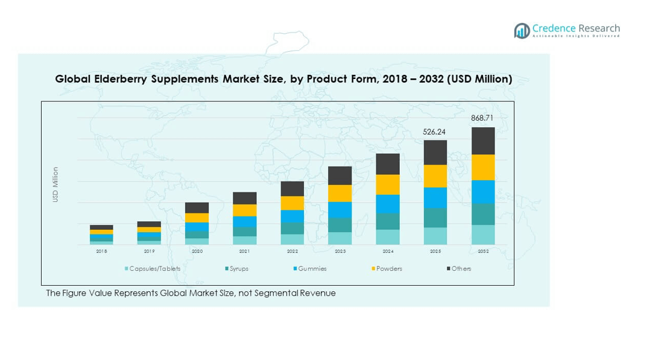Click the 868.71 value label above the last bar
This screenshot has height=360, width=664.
tap(482, 118)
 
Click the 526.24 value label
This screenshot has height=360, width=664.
tap(435, 131)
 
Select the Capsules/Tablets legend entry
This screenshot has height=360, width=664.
tap(154, 268)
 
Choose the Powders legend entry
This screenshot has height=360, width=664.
tap(389, 268)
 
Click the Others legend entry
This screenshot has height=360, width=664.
tap(461, 268)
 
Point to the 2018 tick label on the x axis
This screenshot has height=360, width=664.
tap(101, 251)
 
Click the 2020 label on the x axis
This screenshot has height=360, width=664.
tap(197, 251)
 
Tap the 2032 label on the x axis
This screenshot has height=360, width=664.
tap(483, 251)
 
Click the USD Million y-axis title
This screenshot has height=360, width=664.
tap(55, 185)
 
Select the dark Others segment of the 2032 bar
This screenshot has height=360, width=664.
tap(483, 141)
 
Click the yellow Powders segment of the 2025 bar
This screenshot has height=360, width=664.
tap(435, 176)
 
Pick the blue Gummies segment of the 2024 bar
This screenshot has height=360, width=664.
tap(388, 204)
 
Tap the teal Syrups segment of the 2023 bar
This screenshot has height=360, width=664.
tap(340, 225)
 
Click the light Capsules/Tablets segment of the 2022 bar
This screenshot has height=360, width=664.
tap(292, 239)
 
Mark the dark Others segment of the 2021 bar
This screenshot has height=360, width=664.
tap(244, 198)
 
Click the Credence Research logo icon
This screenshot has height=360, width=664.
tap(522, 30)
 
